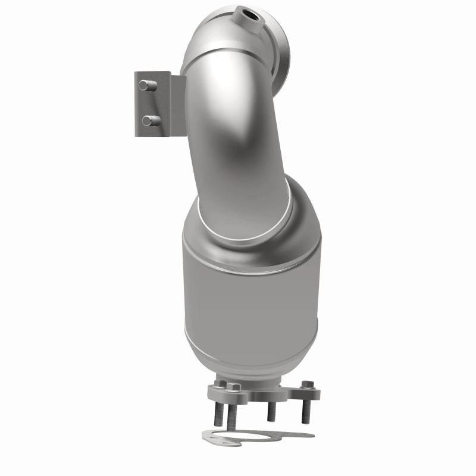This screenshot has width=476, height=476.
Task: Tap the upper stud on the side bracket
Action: coord(145,85)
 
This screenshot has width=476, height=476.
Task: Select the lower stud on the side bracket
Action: coord(149,120)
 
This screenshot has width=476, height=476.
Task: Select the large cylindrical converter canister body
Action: coord(250,286)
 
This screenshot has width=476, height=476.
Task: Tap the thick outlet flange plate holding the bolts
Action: coord(262,393)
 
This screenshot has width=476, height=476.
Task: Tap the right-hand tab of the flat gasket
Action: coord(300,434)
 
